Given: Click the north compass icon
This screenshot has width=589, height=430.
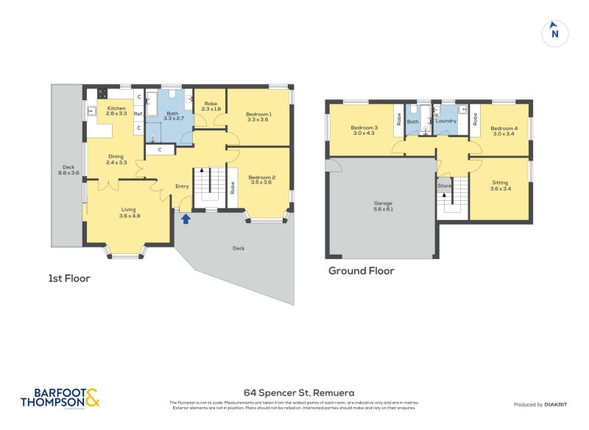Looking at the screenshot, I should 554,32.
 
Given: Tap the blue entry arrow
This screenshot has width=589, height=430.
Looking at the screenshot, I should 186,218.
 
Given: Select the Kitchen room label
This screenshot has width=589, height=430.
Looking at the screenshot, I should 116,111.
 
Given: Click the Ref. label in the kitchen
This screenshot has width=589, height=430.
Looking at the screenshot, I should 138,113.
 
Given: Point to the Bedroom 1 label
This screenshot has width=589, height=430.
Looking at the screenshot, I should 259,116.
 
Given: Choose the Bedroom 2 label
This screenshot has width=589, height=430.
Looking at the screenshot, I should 261,180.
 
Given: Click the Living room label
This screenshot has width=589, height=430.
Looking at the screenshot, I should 129,213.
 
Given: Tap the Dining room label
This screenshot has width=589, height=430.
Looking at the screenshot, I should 116,159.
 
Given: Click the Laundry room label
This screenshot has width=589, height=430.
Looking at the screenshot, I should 446,121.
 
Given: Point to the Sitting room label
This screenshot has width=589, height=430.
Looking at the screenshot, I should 500,186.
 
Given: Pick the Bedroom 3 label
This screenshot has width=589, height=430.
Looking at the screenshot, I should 364,130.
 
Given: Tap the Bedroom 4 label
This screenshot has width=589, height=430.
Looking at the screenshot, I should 504,131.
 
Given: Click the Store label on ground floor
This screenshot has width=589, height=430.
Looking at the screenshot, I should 444,186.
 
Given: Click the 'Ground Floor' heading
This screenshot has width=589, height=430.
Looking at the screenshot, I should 361,271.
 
